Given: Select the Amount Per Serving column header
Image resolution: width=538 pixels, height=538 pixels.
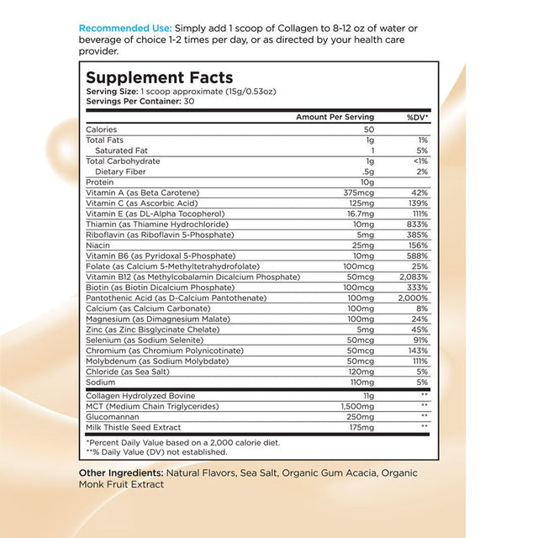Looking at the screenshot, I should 335,117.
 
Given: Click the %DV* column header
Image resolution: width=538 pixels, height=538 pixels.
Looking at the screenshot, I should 418,117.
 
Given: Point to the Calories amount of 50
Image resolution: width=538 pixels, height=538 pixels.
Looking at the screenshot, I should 367,129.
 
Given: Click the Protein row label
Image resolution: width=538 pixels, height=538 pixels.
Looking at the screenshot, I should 99,182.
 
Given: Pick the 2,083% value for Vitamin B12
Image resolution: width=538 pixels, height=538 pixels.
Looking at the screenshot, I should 414,277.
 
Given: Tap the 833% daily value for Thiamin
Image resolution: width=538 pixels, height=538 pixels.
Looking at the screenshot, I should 417,224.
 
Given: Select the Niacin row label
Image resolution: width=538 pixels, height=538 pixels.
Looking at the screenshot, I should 98,245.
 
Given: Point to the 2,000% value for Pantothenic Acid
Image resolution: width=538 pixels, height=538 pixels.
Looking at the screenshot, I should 413,298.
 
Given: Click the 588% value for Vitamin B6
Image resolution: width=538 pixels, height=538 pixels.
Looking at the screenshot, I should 417,256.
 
